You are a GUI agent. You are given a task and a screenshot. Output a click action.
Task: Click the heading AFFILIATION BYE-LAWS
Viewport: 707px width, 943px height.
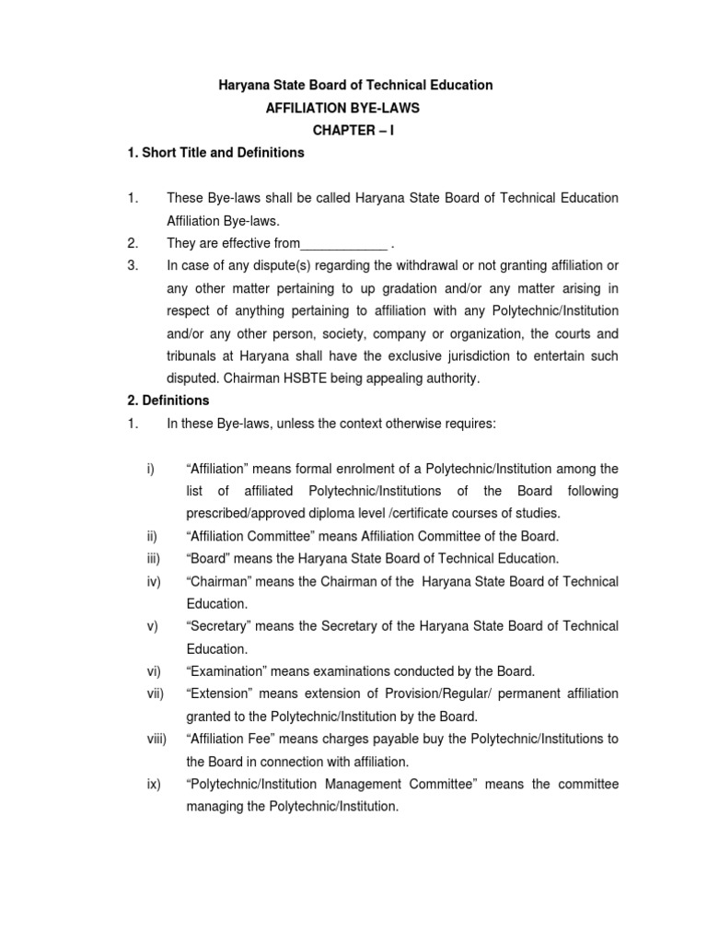(x=342, y=108)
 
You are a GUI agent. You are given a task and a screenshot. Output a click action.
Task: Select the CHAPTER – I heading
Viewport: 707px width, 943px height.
(x=353, y=131)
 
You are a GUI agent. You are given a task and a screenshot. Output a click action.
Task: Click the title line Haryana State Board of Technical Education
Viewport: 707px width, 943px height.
(x=354, y=85)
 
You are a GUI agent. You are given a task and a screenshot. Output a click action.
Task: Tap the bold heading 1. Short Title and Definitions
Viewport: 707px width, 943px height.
(x=215, y=153)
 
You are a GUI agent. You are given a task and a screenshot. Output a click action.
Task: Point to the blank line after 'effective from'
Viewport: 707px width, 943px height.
(x=344, y=244)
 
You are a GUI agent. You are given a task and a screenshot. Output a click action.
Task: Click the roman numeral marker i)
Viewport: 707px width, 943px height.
(x=150, y=469)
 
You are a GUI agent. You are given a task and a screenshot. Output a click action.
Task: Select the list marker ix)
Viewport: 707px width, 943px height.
(x=153, y=784)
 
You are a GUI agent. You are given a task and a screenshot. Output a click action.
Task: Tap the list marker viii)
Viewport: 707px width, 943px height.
(x=156, y=739)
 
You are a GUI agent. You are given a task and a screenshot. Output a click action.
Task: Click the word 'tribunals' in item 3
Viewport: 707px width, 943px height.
(x=191, y=356)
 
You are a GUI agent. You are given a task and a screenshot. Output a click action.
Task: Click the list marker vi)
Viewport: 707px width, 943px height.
(x=153, y=671)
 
